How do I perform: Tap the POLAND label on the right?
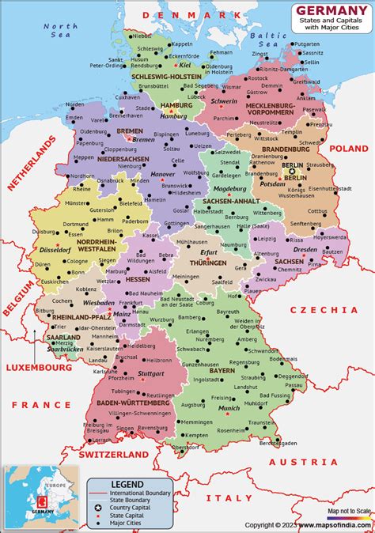349,148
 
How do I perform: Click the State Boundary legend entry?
130,498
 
